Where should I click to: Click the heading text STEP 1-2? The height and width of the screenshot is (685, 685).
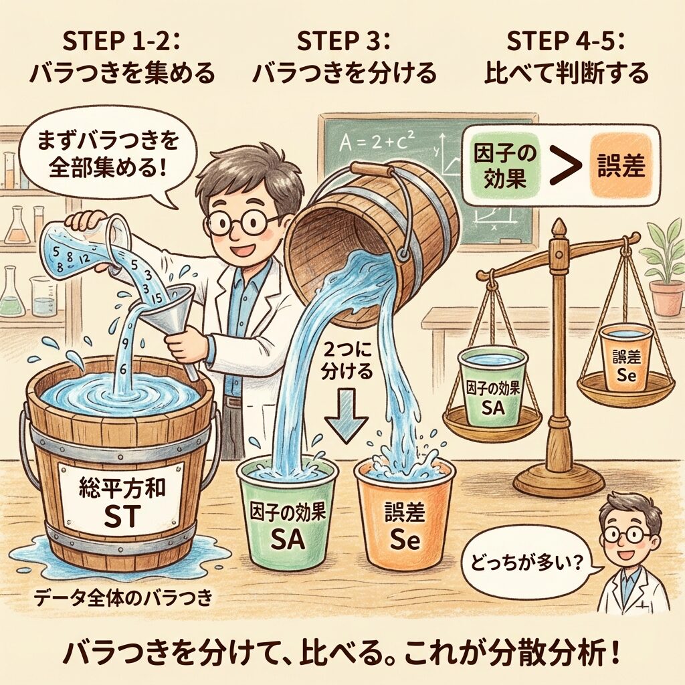(x=122, y=42)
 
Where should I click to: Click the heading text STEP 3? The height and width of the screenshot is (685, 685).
(x=343, y=42)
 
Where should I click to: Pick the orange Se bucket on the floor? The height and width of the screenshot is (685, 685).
(x=405, y=516)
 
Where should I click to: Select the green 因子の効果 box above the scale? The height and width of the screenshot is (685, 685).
(x=505, y=165)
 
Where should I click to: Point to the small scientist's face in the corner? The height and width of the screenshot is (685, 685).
(x=627, y=534)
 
